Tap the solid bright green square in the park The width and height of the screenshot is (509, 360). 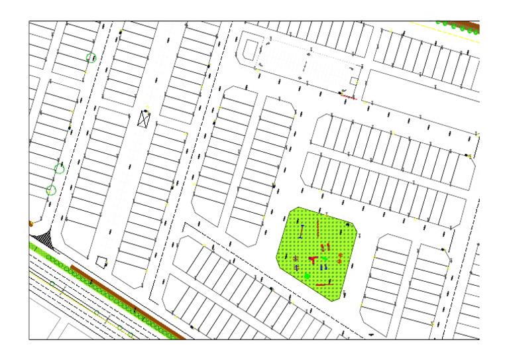[308, 274]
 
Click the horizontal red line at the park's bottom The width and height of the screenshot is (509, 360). [324, 285]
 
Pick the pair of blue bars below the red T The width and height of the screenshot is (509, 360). [323, 267]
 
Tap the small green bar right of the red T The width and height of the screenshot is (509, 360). [325, 259]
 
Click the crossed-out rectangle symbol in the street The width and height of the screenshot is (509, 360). [144, 119]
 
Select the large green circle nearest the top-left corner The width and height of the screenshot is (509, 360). [91, 58]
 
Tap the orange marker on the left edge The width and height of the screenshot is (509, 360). [30, 224]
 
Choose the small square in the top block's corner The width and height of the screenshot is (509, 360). [355, 81]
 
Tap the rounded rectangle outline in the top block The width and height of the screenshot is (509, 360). [251, 49]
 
